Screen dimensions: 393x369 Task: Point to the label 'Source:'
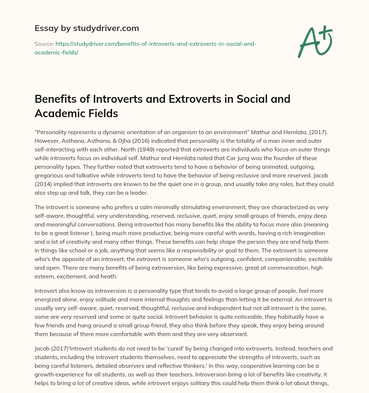pyautogui.click(x=44, y=44)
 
